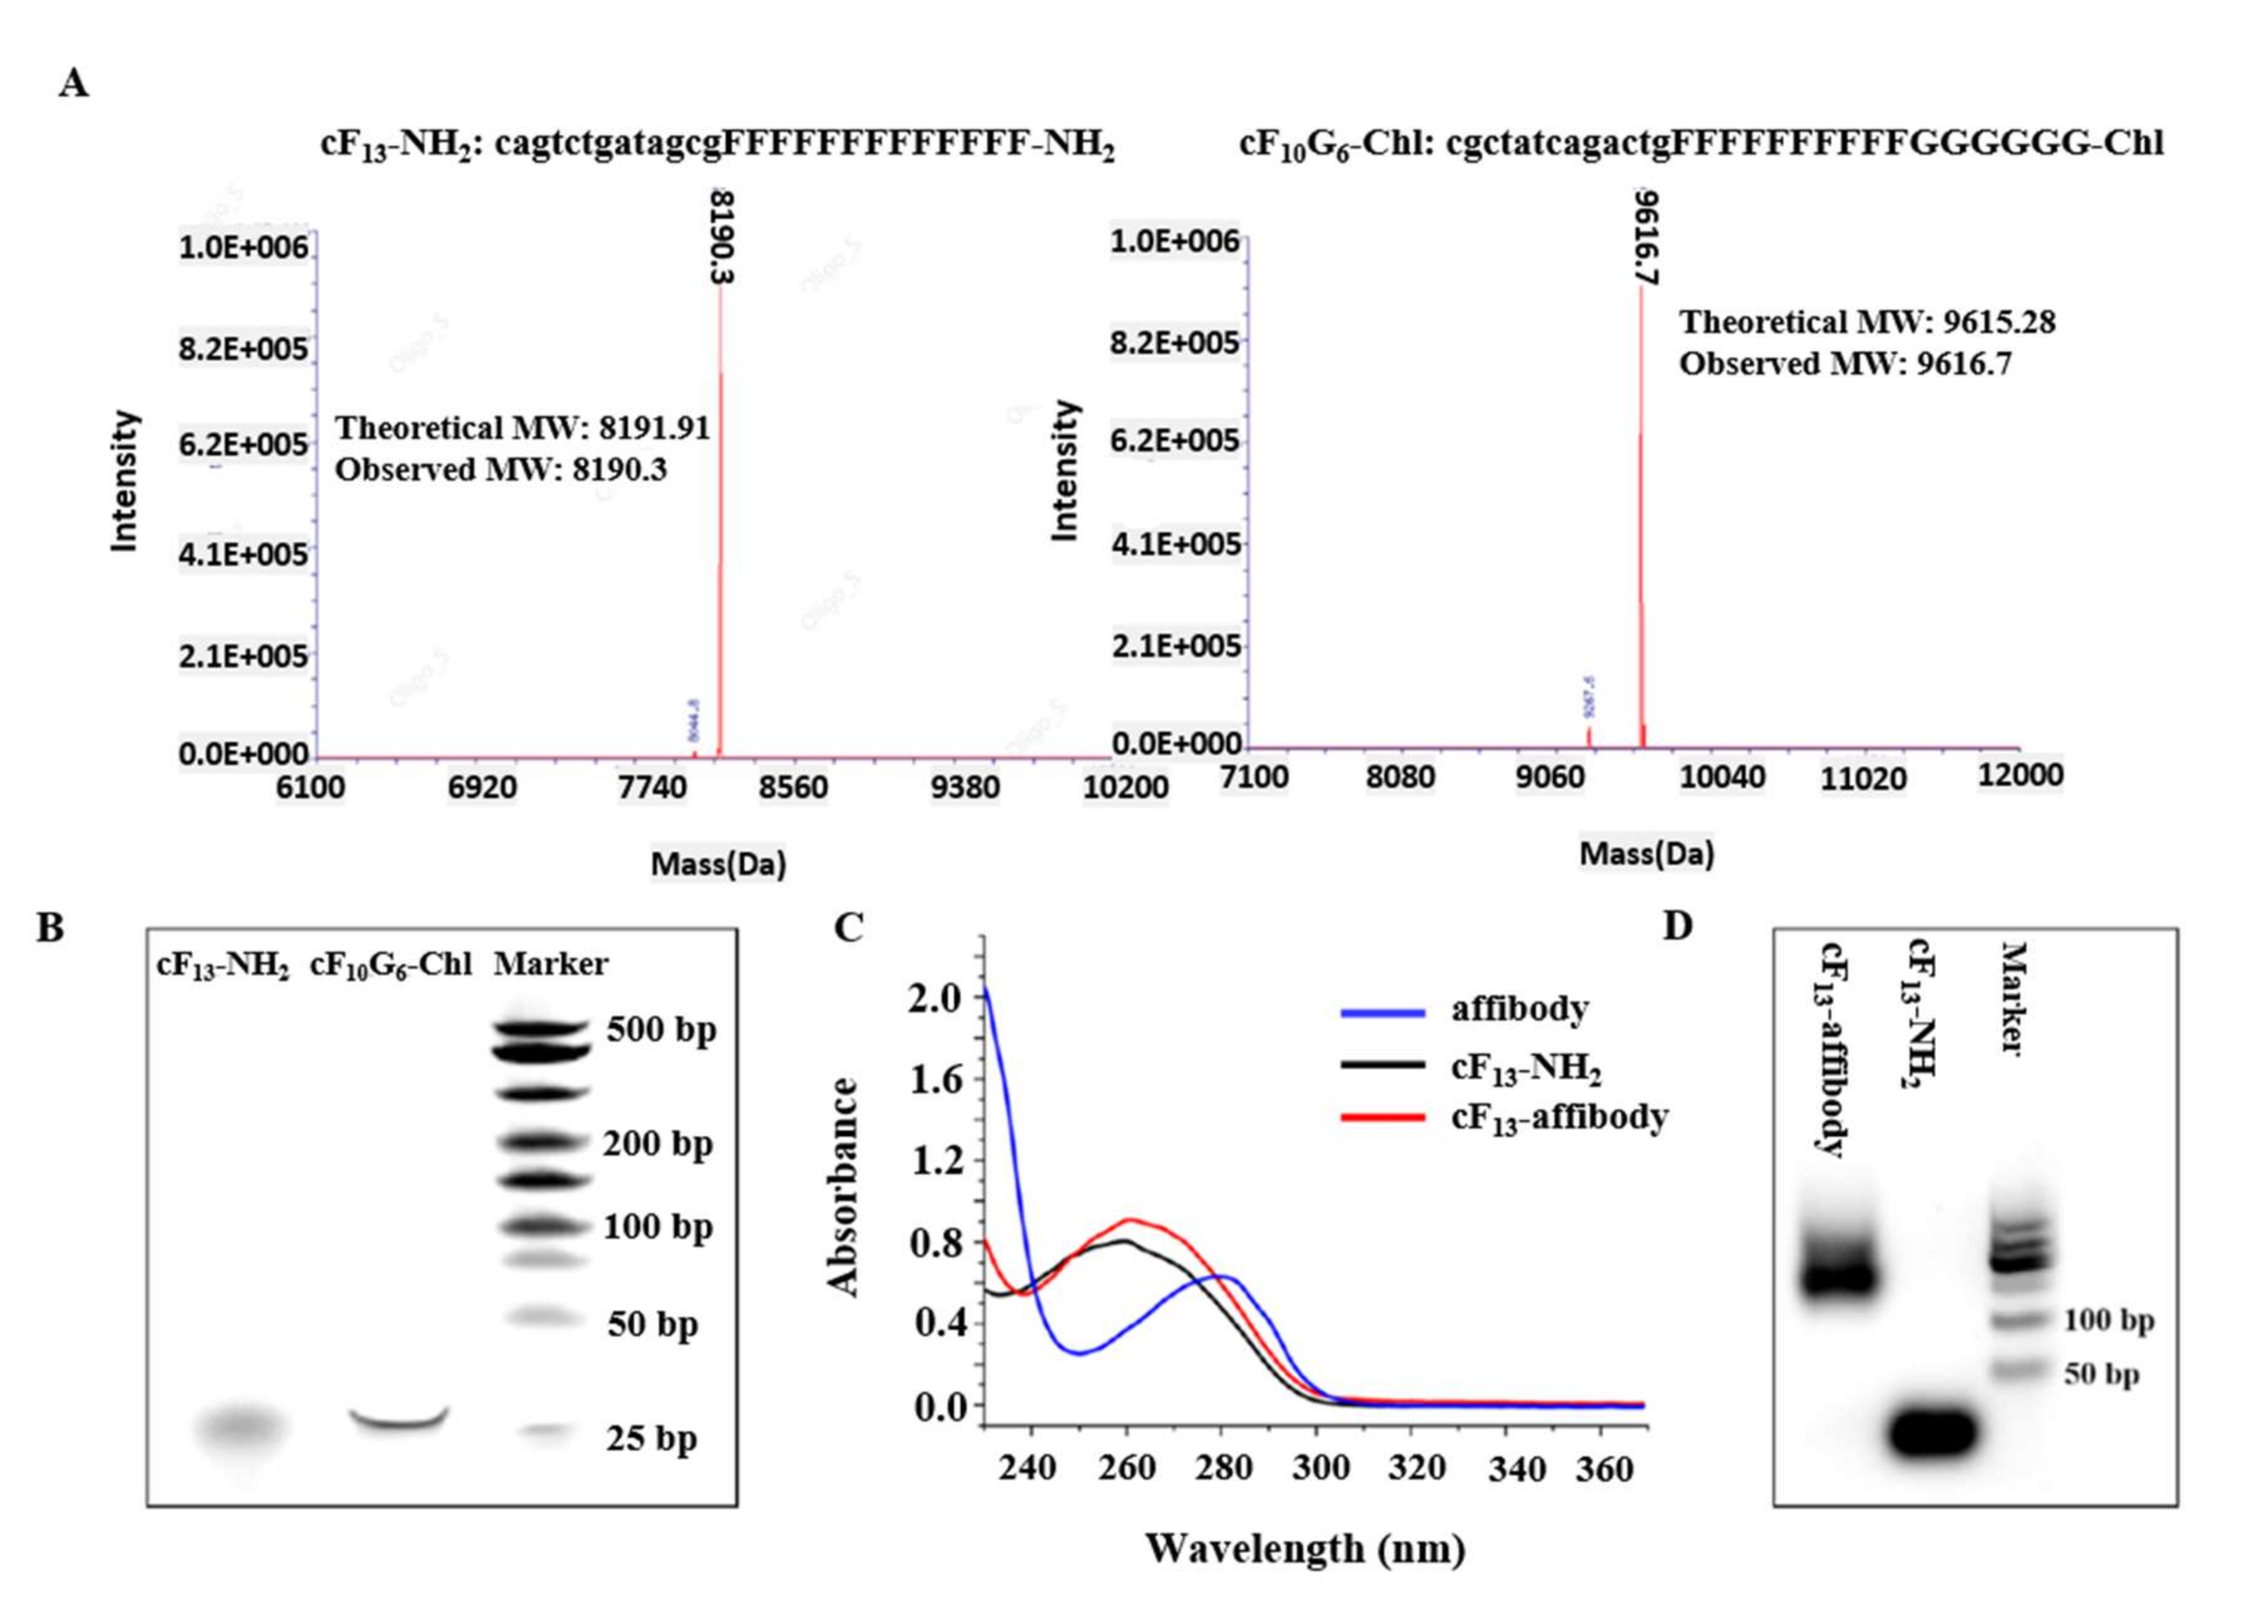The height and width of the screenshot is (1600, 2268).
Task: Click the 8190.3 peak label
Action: click(723, 238)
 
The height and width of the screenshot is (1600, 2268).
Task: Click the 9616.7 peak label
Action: click(1646, 238)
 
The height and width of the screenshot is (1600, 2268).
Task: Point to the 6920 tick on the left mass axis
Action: click(482, 788)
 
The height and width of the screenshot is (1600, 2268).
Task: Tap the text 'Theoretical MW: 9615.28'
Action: click(1867, 323)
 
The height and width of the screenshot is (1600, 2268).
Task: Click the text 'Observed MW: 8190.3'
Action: click(501, 470)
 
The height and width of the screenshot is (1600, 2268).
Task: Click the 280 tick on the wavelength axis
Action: click(1223, 1468)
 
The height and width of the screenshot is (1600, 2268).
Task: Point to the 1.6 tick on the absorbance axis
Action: click(936, 1080)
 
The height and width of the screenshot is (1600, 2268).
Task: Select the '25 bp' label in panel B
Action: click(651, 1439)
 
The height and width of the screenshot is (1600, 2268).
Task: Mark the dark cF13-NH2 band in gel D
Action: click(1932, 1431)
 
